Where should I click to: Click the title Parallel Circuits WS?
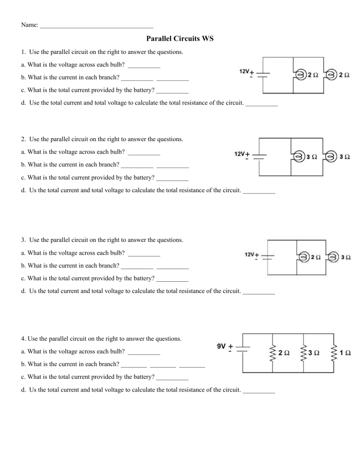(x=180, y=38)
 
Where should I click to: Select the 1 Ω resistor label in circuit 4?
(x=346, y=353)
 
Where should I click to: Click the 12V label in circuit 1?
(x=244, y=72)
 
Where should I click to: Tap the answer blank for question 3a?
(x=144, y=256)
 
